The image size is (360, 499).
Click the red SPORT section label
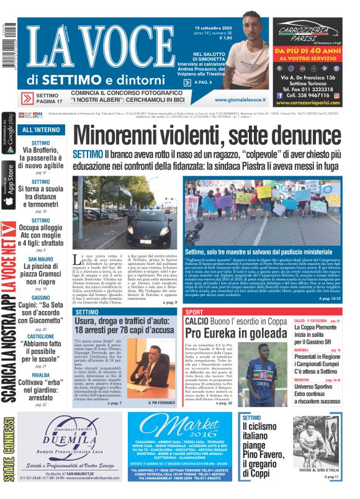click(194, 312)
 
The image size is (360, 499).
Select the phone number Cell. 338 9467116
click(308, 96)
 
